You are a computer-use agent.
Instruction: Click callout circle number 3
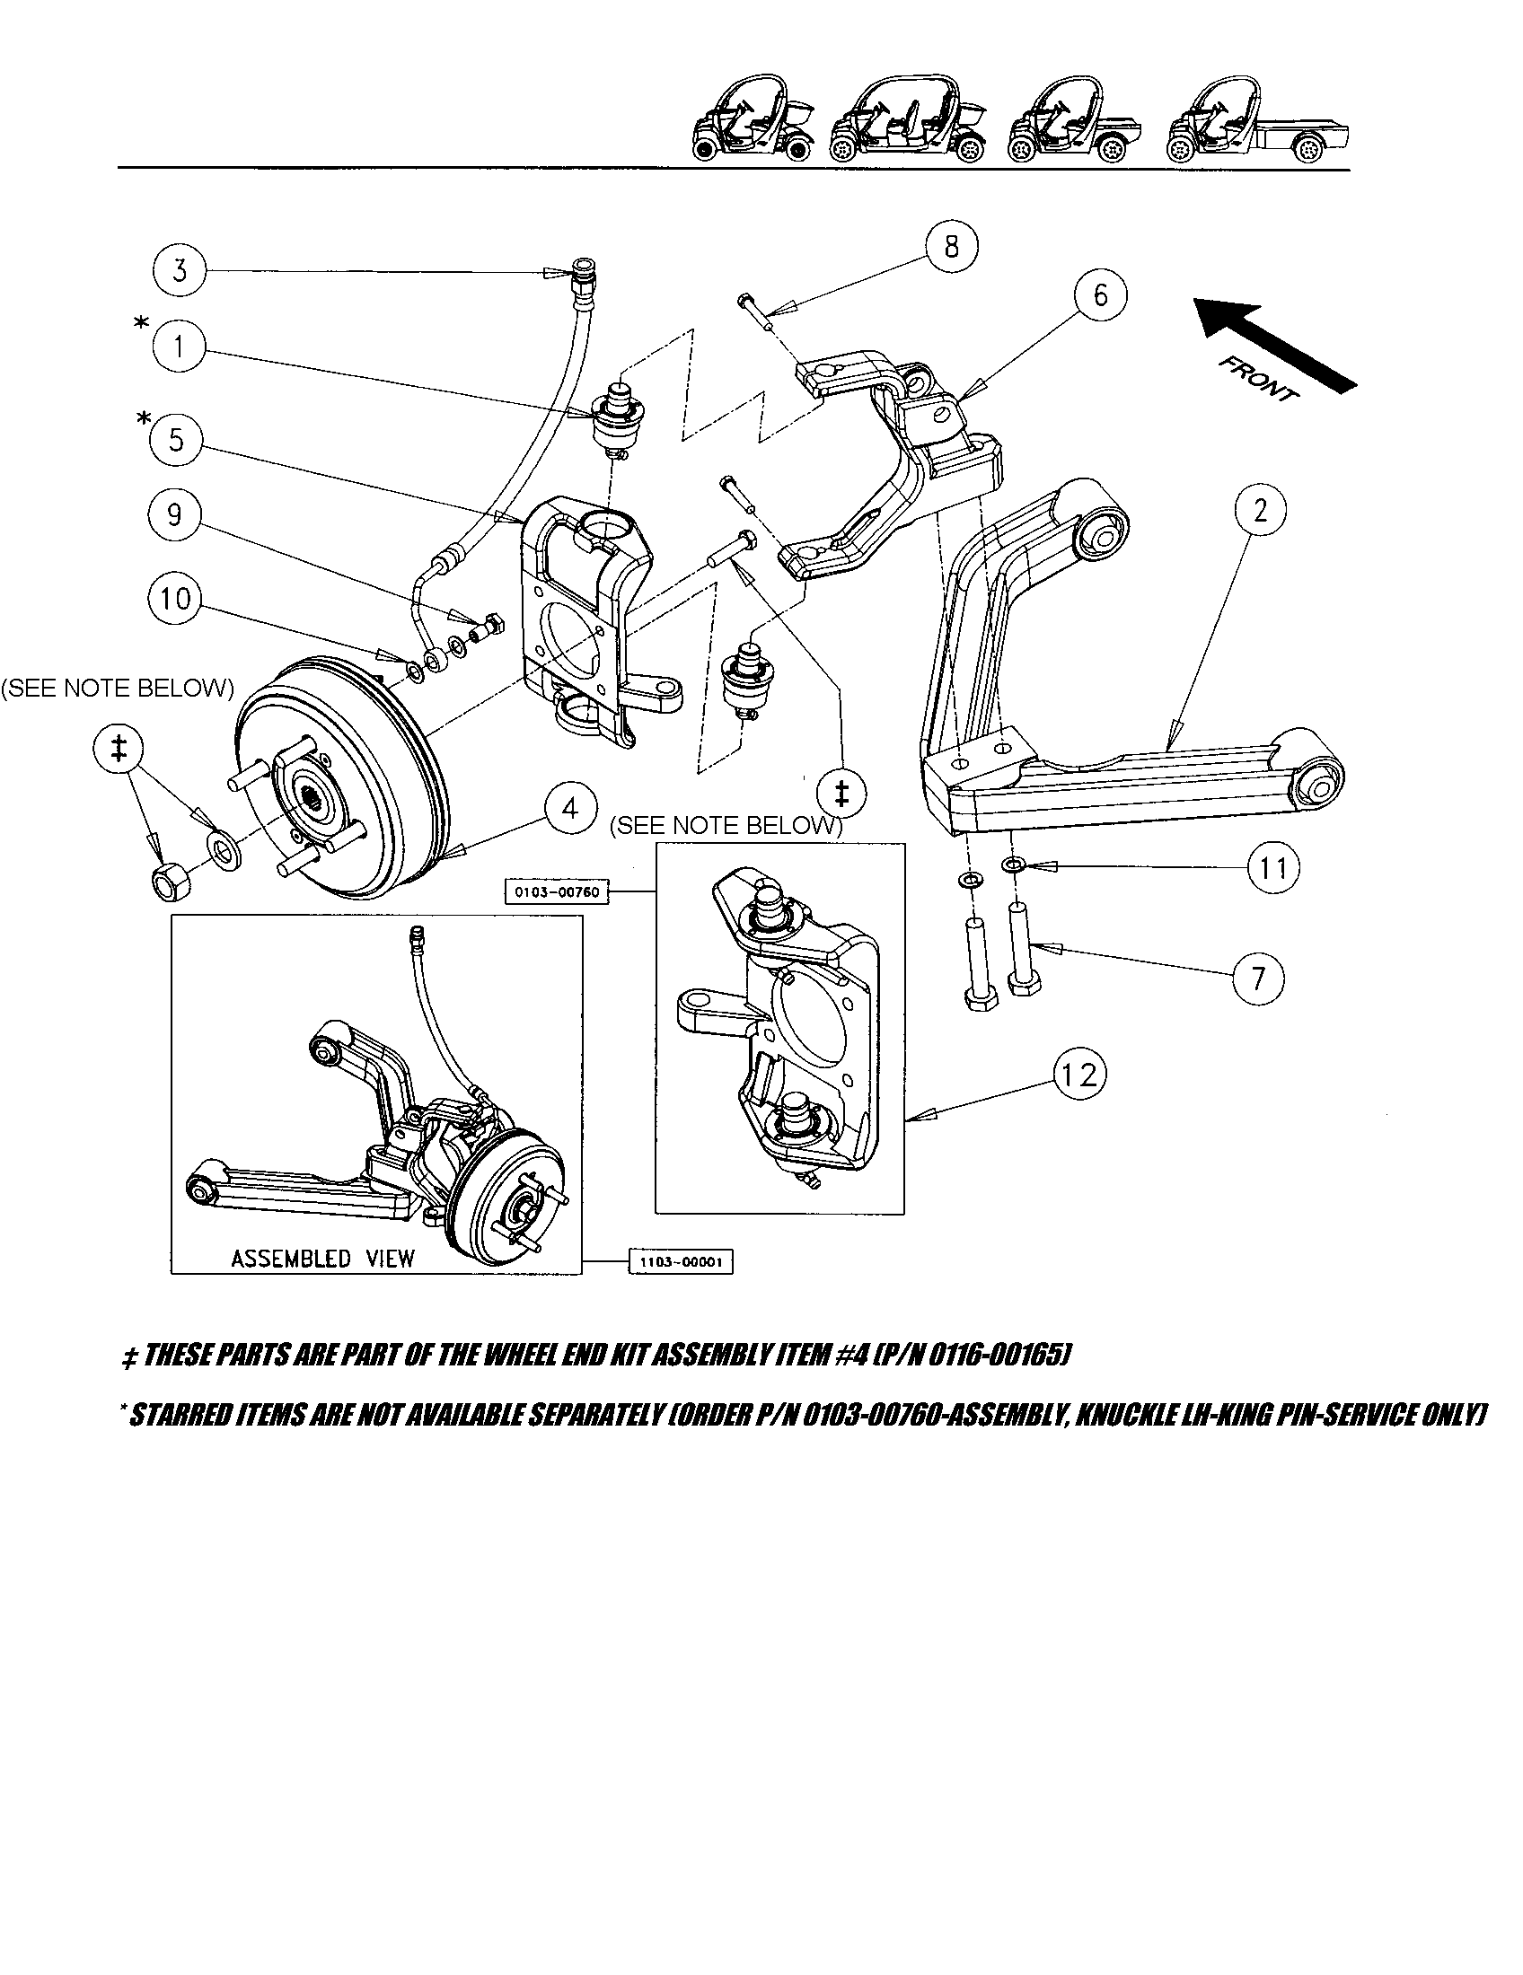pyautogui.click(x=179, y=269)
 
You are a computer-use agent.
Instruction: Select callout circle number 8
pyautogui.click(x=950, y=246)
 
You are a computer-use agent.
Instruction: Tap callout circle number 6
pyautogui.click(x=1100, y=294)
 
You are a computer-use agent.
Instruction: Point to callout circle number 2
pyautogui.click(x=1260, y=511)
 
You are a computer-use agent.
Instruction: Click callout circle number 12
pyautogui.click(x=1079, y=1075)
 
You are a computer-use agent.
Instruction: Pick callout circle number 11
pyautogui.click(x=1272, y=868)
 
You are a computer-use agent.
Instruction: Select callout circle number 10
pyautogui.click(x=176, y=597)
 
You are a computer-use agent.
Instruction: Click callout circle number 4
pyautogui.click(x=569, y=809)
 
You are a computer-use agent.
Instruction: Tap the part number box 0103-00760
pyautogui.click(x=557, y=892)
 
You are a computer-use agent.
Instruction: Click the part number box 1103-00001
pyautogui.click(x=680, y=1262)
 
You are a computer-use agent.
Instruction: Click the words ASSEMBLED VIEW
pyautogui.click(x=322, y=1258)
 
